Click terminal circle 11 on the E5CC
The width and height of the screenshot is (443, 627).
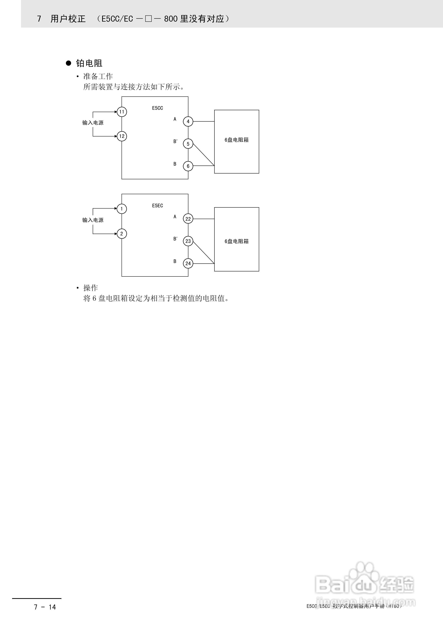click(x=122, y=112)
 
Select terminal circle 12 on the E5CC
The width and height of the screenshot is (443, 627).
click(x=122, y=136)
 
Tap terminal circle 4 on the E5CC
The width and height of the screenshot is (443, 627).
click(x=188, y=122)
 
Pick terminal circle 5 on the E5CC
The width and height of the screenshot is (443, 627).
click(x=188, y=144)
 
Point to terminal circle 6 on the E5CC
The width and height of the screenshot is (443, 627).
click(x=188, y=166)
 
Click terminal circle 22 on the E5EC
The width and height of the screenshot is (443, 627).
click(x=188, y=219)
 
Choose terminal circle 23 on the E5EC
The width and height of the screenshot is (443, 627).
click(x=188, y=241)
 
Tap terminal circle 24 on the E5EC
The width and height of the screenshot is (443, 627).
click(x=188, y=264)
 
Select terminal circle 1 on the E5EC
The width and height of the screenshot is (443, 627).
click(x=122, y=209)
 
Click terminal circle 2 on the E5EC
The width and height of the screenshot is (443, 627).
click(x=122, y=234)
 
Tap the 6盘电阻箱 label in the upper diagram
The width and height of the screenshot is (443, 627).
click(x=237, y=140)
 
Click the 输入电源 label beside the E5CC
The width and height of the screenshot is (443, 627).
click(x=93, y=123)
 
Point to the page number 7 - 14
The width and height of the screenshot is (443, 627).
click(x=45, y=607)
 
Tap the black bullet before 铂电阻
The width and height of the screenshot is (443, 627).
click(x=68, y=63)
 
